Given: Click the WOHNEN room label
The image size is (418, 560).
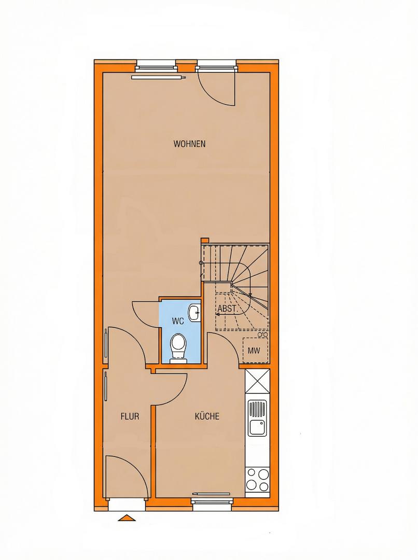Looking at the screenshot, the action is click(x=189, y=144).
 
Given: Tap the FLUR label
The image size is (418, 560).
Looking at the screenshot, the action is click(x=130, y=416).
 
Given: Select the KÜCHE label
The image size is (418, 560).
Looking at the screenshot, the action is click(x=207, y=416).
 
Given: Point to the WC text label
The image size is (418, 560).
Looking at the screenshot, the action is click(x=177, y=321).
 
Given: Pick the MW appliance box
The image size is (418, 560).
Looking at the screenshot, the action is click(x=254, y=351).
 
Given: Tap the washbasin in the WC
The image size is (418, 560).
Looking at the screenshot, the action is click(x=194, y=313).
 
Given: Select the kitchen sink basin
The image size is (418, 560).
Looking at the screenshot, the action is click(x=256, y=427).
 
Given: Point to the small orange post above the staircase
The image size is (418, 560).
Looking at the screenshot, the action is click(x=204, y=241).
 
